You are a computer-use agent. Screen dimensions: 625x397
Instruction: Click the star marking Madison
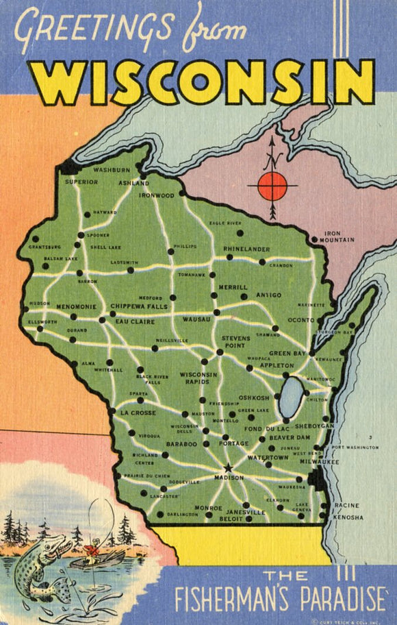(x=228, y=469)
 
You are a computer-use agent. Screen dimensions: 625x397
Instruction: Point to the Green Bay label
(x=286, y=354)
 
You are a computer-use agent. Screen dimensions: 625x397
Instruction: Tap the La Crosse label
(x=138, y=413)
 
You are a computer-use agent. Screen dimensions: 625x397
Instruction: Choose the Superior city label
(x=81, y=182)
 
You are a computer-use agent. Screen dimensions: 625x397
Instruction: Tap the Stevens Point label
(x=235, y=342)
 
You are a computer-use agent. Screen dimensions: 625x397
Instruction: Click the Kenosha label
(x=348, y=517)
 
